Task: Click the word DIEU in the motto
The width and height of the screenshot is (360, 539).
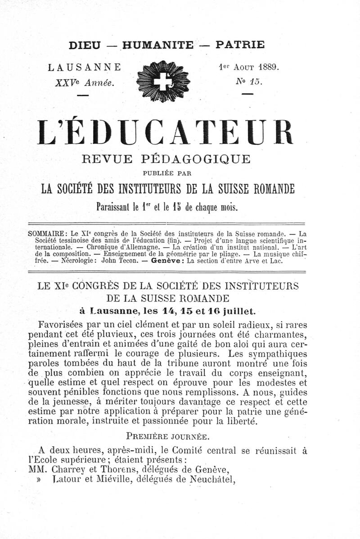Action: point(85,45)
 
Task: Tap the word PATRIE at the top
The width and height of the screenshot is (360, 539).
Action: point(240,45)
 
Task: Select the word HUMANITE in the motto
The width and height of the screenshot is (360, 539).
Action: point(157,45)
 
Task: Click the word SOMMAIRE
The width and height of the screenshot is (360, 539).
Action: point(47,234)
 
